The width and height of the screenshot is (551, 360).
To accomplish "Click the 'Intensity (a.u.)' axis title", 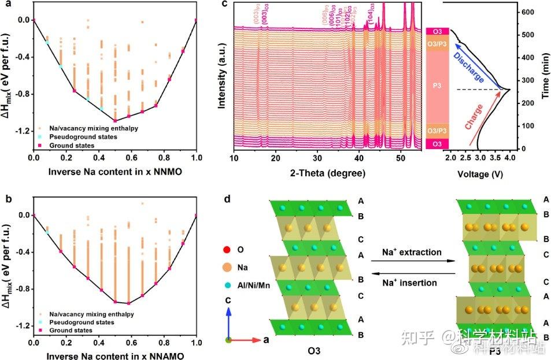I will tap(223, 80).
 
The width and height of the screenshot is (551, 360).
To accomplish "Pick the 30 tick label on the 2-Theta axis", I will tap(317, 158).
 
